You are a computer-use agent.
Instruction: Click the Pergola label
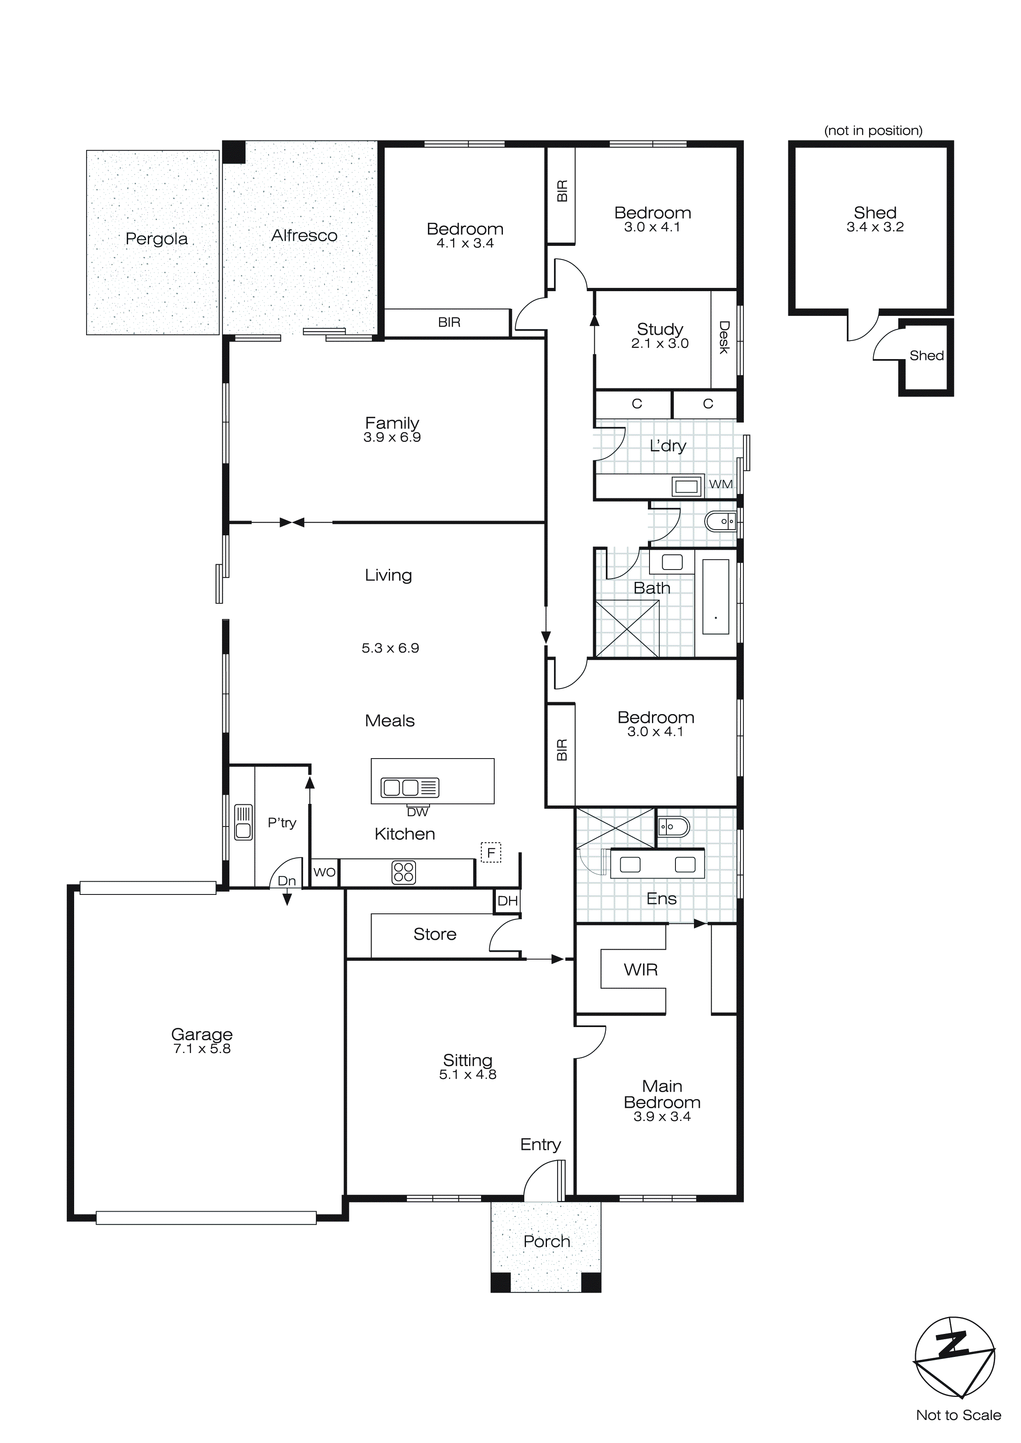tap(157, 239)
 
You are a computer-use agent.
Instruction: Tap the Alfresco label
tap(304, 236)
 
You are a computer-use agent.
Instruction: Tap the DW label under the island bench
tap(418, 812)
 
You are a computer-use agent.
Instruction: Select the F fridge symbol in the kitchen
tap(491, 853)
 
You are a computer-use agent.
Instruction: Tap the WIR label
tap(640, 970)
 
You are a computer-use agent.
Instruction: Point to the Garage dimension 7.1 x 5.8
tap(202, 1048)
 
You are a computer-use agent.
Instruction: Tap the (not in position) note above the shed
tap(873, 131)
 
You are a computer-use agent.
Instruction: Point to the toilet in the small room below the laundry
tap(720, 522)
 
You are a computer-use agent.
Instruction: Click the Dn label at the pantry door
tap(287, 881)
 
